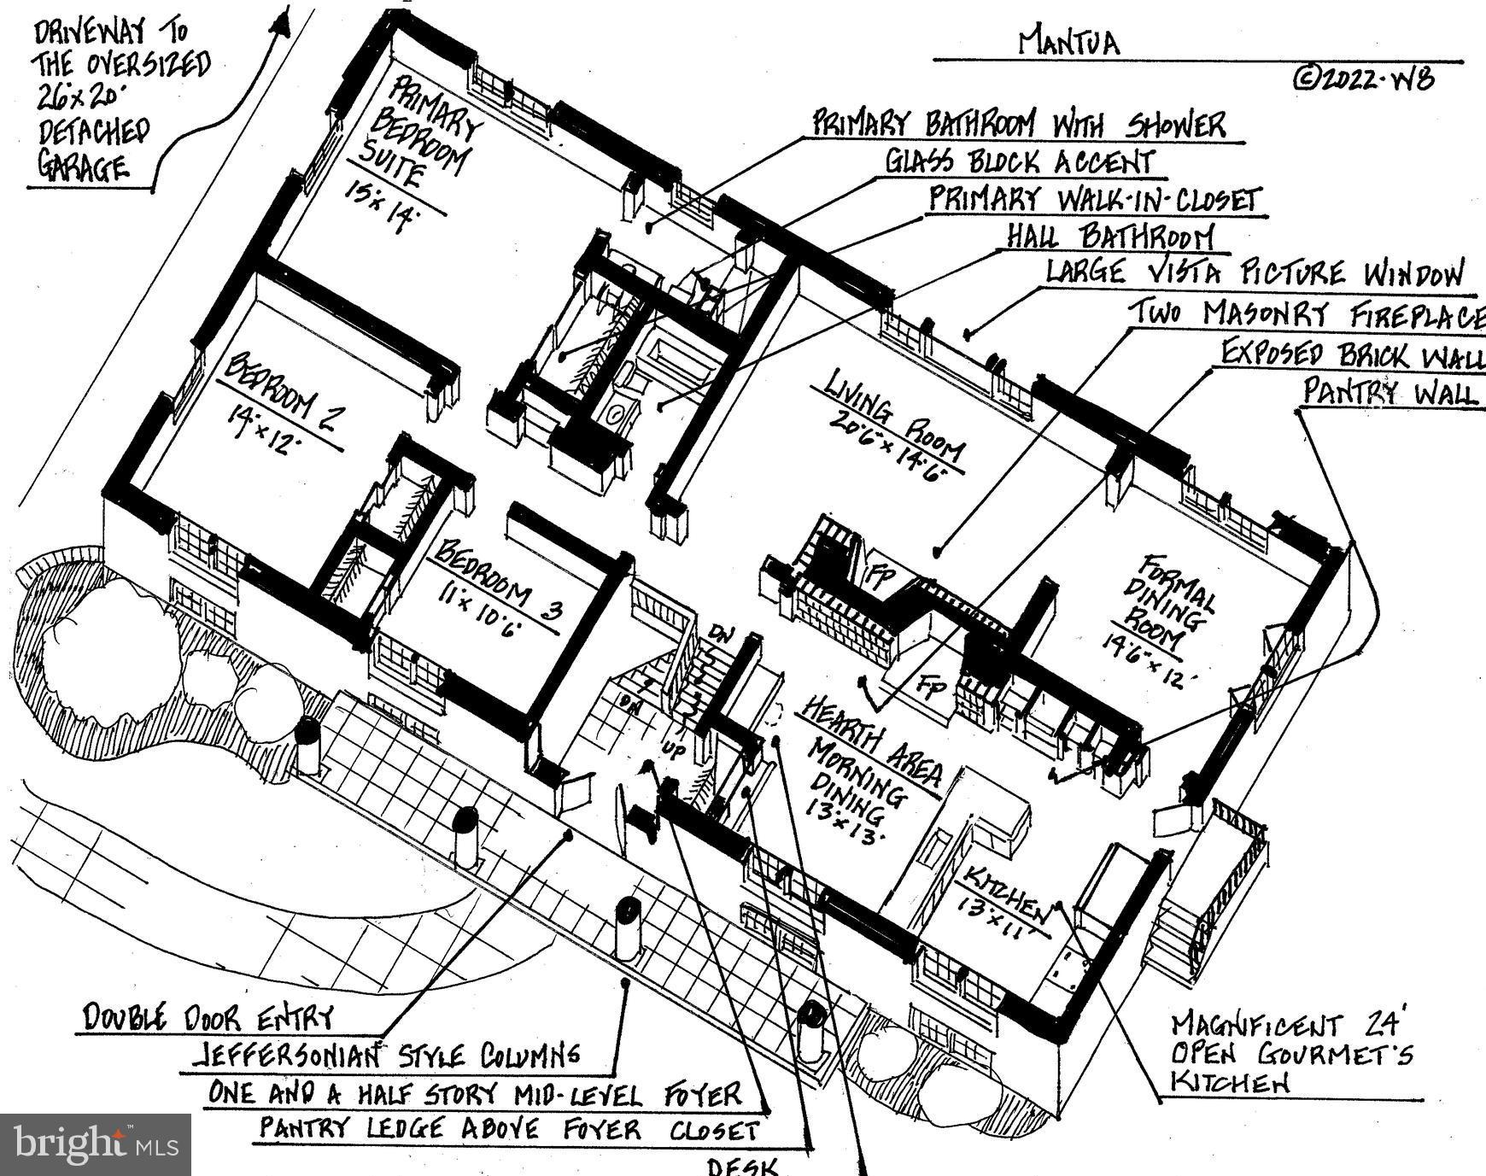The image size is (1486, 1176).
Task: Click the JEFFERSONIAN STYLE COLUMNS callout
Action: point(385,1056)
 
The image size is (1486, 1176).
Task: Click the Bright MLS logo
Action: point(95,1144)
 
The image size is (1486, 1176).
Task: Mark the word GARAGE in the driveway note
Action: point(82,167)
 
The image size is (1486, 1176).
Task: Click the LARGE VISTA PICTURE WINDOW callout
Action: point(1255,273)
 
